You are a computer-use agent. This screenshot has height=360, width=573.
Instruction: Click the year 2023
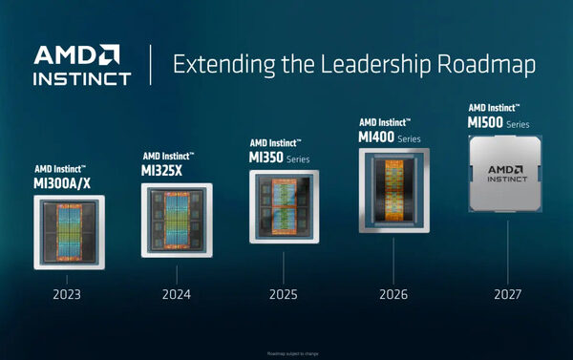(x=67, y=295)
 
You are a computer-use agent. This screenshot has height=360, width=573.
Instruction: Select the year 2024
(x=176, y=295)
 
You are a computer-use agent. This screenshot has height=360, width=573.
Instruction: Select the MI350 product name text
(x=264, y=157)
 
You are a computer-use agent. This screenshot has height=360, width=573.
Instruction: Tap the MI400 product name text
(x=375, y=138)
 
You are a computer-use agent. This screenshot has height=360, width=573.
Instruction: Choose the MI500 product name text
(x=484, y=121)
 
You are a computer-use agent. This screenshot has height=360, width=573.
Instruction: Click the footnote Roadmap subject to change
(x=286, y=352)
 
